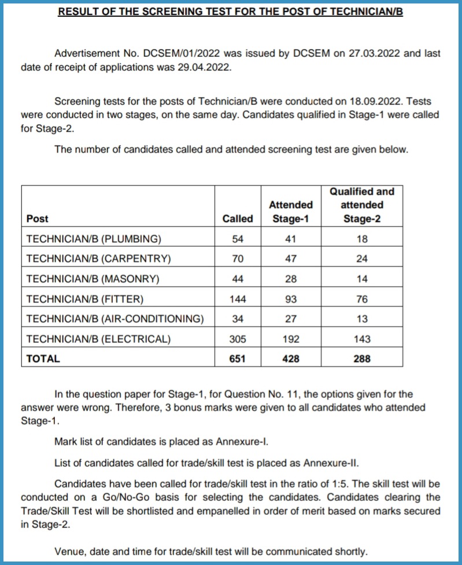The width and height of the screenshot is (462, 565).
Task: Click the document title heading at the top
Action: click(x=230, y=12)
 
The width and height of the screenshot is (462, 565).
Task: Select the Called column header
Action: click(x=238, y=219)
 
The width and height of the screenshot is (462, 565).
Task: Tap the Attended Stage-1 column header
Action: click(x=291, y=212)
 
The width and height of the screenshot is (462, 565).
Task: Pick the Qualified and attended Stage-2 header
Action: click(x=361, y=205)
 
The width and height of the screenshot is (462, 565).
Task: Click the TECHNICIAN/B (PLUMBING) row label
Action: click(x=94, y=239)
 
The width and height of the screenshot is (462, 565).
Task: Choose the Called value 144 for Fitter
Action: click(x=238, y=299)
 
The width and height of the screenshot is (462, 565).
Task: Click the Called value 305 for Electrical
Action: click(x=238, y=339)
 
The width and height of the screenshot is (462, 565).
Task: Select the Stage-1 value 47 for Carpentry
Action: click(x=291, y=259)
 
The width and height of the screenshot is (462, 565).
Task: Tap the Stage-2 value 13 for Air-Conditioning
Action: click(x=361, y=319)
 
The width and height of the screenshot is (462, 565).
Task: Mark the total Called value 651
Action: click(x=238, y=359)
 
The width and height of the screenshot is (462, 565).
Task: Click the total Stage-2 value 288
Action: click(x=361, y=359)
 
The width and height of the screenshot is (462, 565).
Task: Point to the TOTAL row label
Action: click(x=43, y=359)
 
